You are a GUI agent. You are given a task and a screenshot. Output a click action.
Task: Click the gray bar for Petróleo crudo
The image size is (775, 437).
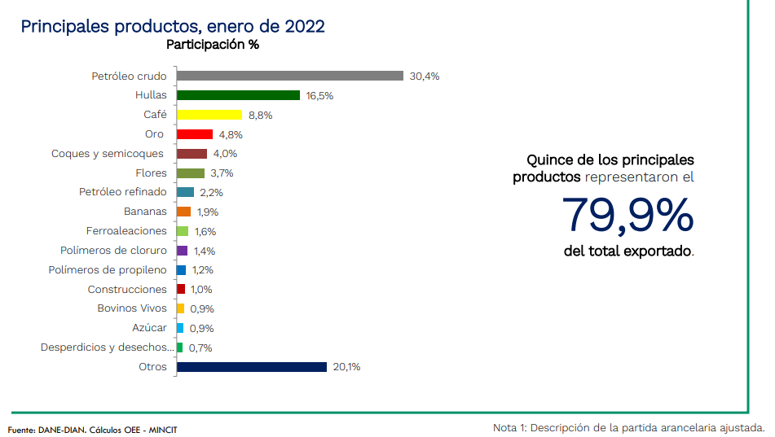pos(290,76)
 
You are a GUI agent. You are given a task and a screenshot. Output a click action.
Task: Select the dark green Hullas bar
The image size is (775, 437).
pos(238,95)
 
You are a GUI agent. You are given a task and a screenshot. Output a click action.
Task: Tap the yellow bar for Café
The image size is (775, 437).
pos(209,115)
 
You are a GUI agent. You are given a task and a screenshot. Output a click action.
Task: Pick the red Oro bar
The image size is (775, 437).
pos(194,134)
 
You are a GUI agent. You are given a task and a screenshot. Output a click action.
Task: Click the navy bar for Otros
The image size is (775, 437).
pos(251,367)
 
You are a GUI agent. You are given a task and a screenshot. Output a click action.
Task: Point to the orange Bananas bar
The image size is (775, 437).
pos(183,212)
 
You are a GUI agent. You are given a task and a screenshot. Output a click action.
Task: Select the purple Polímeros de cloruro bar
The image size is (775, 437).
pos(182,251)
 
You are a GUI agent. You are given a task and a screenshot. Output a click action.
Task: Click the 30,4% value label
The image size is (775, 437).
pos(425,76)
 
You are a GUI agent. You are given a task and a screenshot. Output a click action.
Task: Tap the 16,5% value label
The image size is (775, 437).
pos(319,96)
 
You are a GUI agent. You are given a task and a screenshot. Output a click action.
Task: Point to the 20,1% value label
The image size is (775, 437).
pos(346,367)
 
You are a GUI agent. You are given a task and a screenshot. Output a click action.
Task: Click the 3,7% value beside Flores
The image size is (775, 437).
pos(222,173)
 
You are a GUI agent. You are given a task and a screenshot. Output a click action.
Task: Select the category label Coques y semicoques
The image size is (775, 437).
pos(108,154)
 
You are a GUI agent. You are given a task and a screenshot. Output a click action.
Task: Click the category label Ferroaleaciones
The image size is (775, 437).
pos(126,231)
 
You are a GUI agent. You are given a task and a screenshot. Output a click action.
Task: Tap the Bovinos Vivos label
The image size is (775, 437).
pos(132,308)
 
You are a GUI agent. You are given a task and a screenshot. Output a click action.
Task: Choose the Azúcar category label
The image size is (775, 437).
pos(149,328)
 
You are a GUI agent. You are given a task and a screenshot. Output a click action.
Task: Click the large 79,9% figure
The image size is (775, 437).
pos(627,214)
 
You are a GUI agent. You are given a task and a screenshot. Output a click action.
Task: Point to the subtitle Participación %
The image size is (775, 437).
pos(213,45)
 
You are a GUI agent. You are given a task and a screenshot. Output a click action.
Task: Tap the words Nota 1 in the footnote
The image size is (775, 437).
pos(510,428)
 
